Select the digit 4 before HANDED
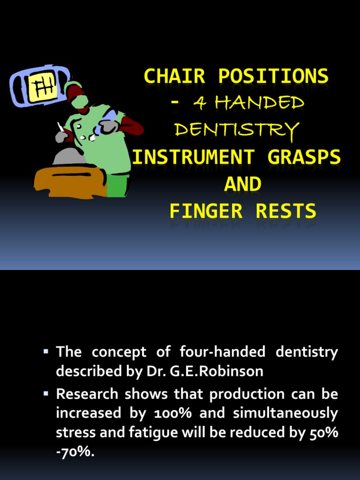(x=200, y=103)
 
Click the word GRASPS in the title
(x=304, y=157)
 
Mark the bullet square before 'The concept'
(x=46, y=351)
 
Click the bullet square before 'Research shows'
(x=46, y=393)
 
